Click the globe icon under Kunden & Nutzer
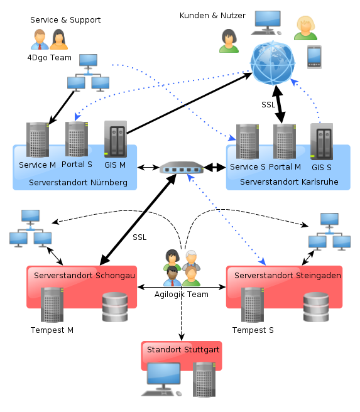coord(273,63)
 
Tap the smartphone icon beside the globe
coord(314,57)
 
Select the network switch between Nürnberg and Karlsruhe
coord(182,167)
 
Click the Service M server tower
coord(38,139)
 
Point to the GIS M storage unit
coord(116,139)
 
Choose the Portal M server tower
coord(285,141)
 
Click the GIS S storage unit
coord(322,141)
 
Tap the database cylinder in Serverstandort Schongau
coord(115,307)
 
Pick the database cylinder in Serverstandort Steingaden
coord(316,307)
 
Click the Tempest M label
coord(52,330)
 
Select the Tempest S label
coord(253,330)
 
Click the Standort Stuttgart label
coord(183,350)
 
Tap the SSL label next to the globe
coord(268,105)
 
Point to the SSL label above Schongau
coord(139,237)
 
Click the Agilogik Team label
coord(182,295)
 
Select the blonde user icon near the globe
coord(305,28)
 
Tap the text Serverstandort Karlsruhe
coord(289,182)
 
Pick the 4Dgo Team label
coord(50,58)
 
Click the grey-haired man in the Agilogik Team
coord(192,259)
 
